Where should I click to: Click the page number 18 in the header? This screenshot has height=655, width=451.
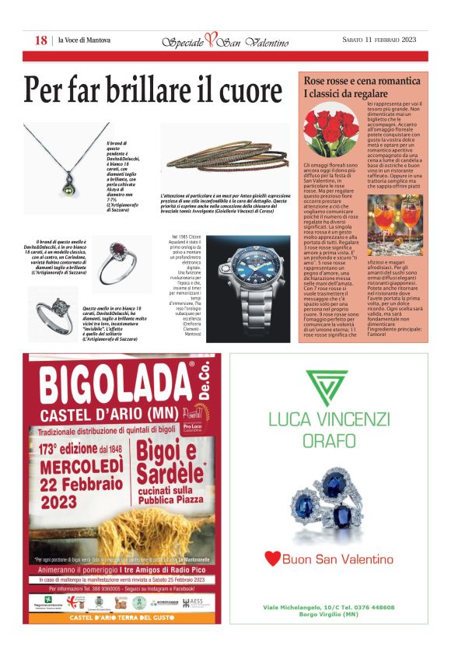point(41,40)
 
